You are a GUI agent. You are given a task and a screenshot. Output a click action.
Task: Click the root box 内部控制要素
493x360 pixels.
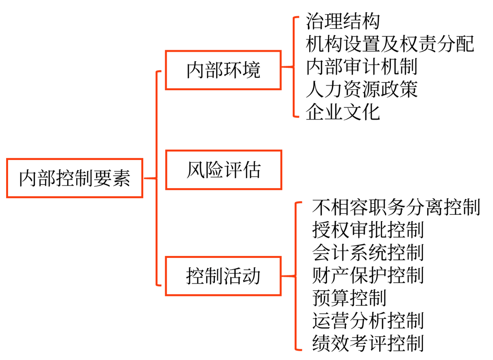click(75, 178)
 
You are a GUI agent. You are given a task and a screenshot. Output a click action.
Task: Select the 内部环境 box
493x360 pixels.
click(223, 70)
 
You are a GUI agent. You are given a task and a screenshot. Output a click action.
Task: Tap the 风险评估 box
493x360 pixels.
click(223, 170)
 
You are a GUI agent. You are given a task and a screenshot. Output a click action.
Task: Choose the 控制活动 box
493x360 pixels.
click(223, 276)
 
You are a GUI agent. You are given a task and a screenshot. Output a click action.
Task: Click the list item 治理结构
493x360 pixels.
click(343, 22)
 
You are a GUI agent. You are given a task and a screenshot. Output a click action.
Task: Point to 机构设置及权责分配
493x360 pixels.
click(390, 44)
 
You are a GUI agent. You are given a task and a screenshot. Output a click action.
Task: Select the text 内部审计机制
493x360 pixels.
click(362, 67)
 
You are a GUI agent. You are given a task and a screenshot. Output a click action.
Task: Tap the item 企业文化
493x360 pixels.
click(343, 112)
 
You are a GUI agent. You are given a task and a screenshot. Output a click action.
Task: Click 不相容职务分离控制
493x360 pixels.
click(396, 207)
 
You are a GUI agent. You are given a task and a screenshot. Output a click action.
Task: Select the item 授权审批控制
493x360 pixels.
click(368, 230)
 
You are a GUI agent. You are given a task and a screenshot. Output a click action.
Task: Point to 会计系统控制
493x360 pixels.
click(368, 253)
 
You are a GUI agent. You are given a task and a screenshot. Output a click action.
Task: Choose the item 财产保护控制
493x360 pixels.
click(368, 276)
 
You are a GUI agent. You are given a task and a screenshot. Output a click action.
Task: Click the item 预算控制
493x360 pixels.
click(349, 298)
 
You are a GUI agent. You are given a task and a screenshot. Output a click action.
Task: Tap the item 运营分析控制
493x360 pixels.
click(368, 321)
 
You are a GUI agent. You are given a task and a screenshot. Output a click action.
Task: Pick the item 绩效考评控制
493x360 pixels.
click(368, 343)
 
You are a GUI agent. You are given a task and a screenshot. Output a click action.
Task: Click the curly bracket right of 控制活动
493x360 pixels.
click(296, 276)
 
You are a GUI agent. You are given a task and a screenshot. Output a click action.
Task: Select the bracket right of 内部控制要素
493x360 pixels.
click(156, 178)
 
